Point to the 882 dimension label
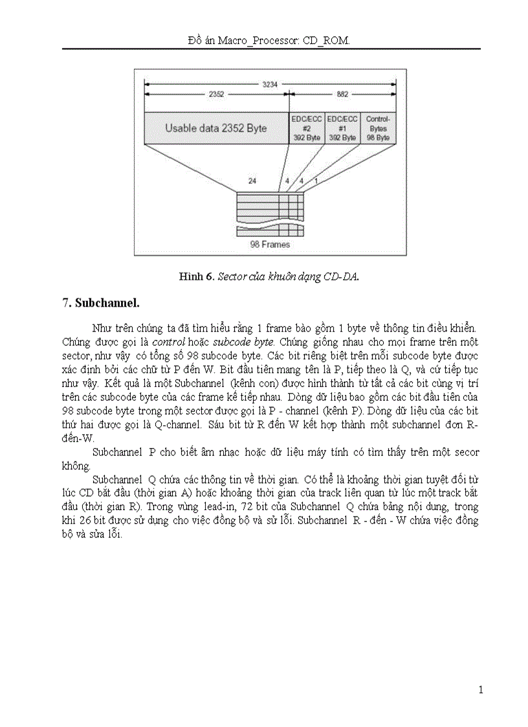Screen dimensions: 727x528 pos(343,95)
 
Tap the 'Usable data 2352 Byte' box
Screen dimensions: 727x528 pos(215,128)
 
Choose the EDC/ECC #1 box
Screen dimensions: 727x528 pos(342,128)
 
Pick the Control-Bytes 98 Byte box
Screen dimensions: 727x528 pos(378,128)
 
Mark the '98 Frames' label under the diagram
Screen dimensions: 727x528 pos(270,245)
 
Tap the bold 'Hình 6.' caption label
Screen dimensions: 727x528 pos(197,276)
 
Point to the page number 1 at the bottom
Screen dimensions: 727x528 pos(480,690)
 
